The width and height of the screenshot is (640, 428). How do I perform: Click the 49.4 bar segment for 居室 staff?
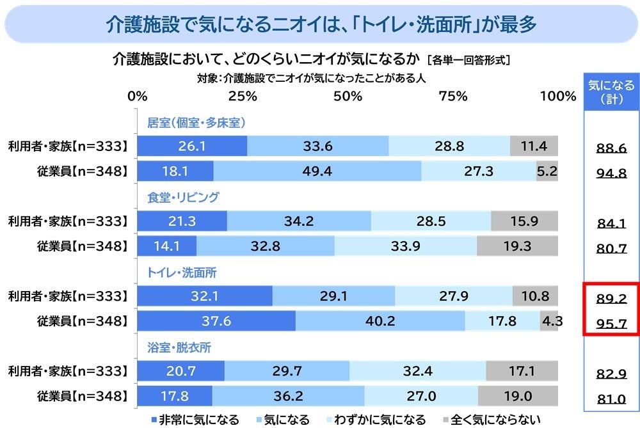317,171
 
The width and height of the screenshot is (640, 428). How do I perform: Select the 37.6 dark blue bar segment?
216,321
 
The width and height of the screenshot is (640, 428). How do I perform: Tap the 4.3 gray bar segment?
550,321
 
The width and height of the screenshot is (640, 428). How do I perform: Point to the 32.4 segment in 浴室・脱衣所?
418,371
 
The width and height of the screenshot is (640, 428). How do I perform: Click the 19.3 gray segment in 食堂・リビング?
517,246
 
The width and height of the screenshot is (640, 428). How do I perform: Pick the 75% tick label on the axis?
453,96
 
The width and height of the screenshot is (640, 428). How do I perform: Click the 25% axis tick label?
243,96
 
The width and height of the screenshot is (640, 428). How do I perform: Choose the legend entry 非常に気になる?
195,420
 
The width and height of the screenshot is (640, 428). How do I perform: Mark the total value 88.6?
611,148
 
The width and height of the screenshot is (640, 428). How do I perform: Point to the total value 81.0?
611,399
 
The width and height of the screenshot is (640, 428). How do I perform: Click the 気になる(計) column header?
611,92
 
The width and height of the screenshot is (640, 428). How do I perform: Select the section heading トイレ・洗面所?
182,273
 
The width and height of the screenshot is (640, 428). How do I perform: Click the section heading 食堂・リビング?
183,197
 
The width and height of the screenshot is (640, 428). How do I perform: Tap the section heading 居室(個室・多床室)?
197,122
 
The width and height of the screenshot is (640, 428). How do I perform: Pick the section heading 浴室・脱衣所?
179,348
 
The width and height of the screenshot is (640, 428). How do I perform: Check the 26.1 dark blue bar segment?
192,147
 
